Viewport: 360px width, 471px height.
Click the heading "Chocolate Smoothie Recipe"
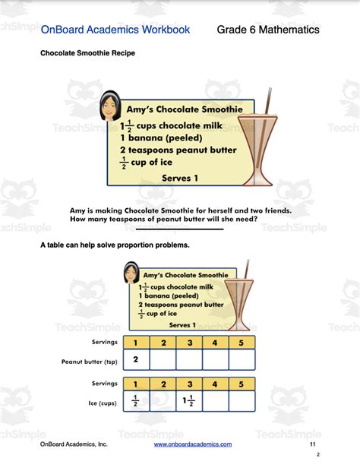pos(88,54)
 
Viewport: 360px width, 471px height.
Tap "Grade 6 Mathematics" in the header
pos(268,30)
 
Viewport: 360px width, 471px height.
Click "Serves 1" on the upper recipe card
pos(179,177)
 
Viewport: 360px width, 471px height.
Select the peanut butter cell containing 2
pos(136,359)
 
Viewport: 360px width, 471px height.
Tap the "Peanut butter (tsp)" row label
pos(89,362)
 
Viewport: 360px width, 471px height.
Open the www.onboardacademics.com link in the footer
pos(193,444)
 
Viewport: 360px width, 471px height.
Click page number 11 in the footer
pos(313,444)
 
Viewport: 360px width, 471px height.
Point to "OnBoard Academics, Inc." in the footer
pos(74,444)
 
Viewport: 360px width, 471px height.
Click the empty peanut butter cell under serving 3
pos(189,359)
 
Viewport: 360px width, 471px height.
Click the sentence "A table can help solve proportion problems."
pos(114,245)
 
